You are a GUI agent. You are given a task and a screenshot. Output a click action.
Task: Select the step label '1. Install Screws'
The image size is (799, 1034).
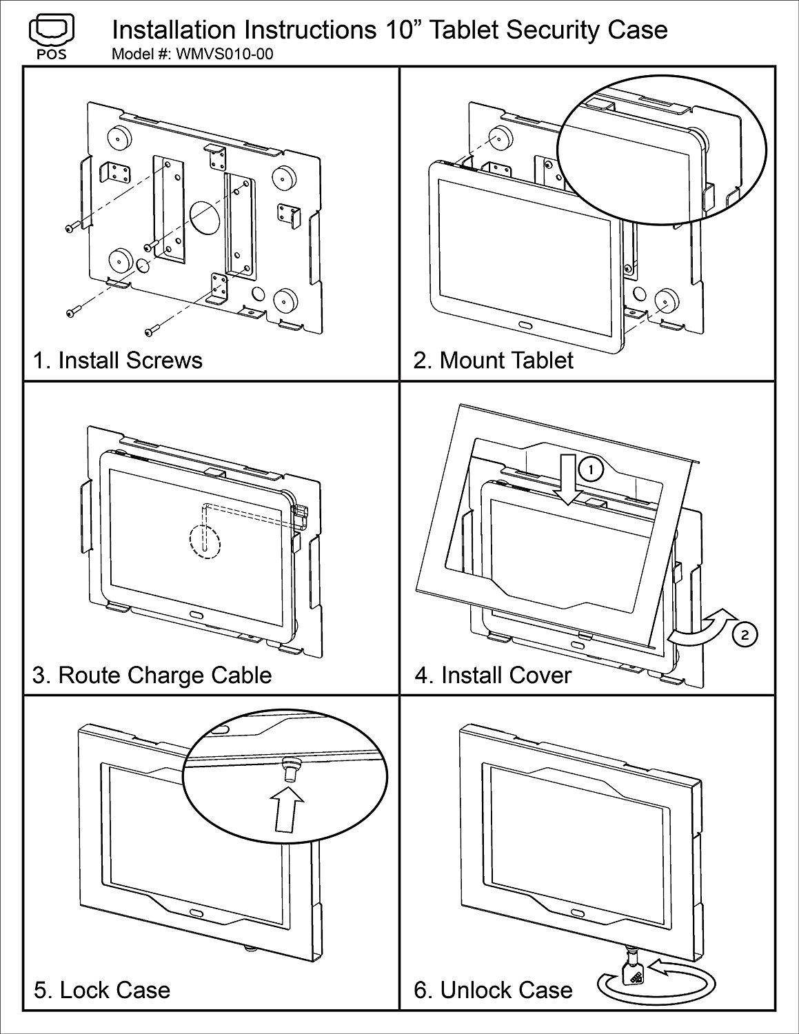coord(118,360)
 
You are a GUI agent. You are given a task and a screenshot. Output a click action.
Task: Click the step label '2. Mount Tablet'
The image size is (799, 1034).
coord(494,360)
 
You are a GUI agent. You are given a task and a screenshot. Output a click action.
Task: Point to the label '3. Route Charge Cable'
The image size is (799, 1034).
coord(152,674)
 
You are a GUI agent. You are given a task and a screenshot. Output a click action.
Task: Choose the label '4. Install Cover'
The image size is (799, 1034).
coord(493,674)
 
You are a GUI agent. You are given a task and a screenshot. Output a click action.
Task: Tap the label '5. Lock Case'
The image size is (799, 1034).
coord(102,990)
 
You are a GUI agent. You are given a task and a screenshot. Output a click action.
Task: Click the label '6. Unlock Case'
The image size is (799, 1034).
coord(493,990)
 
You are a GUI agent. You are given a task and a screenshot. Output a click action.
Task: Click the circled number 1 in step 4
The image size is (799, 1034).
coord(590,469)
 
